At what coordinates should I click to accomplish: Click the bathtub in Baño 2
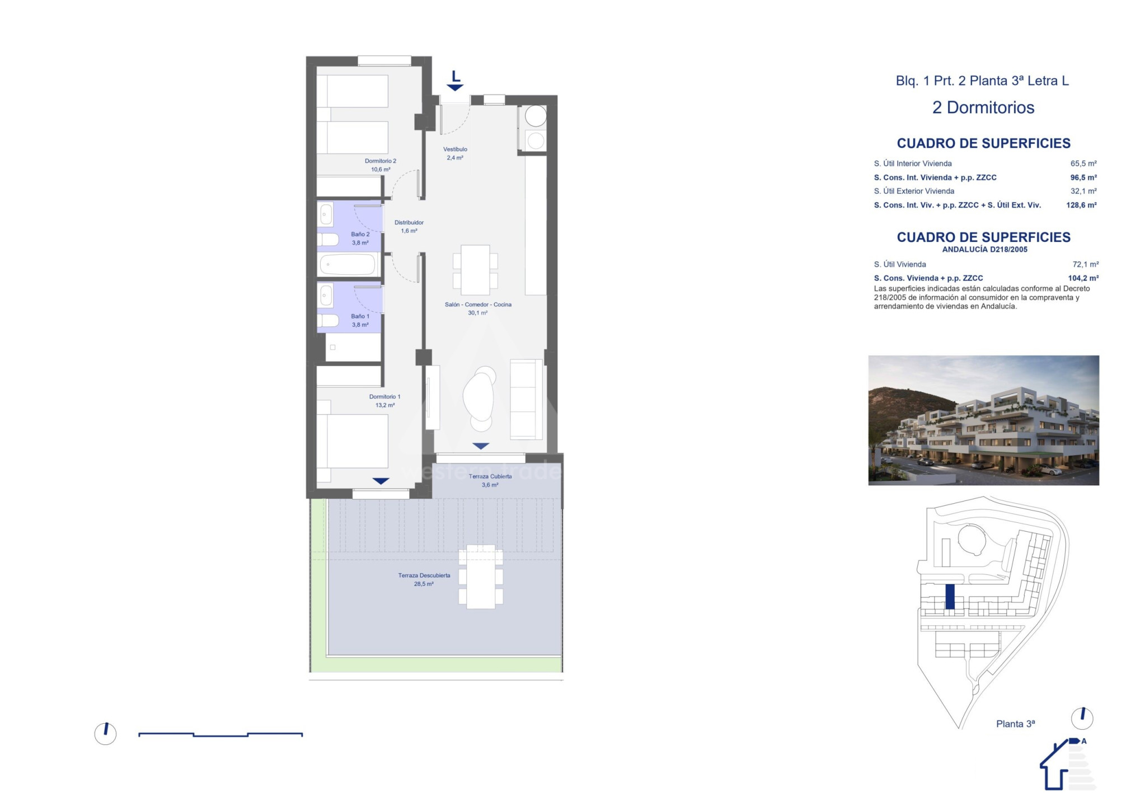point(347,265)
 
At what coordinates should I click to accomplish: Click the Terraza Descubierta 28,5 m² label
point(424,579)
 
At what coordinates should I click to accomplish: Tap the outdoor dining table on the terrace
point(481,577)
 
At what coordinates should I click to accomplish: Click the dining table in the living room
point(475,270)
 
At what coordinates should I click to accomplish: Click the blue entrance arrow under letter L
point(455,87)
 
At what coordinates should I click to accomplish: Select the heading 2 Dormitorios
point(983,107)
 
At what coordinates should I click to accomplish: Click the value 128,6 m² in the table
point(1081,205)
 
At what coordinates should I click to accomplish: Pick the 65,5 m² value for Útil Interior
point(1083,164)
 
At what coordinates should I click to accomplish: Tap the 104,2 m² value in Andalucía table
point(1083,278)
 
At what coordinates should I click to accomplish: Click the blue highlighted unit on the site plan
point(950,597)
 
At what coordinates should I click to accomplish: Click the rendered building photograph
point(983,420)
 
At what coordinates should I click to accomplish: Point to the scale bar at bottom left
point(221,734)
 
